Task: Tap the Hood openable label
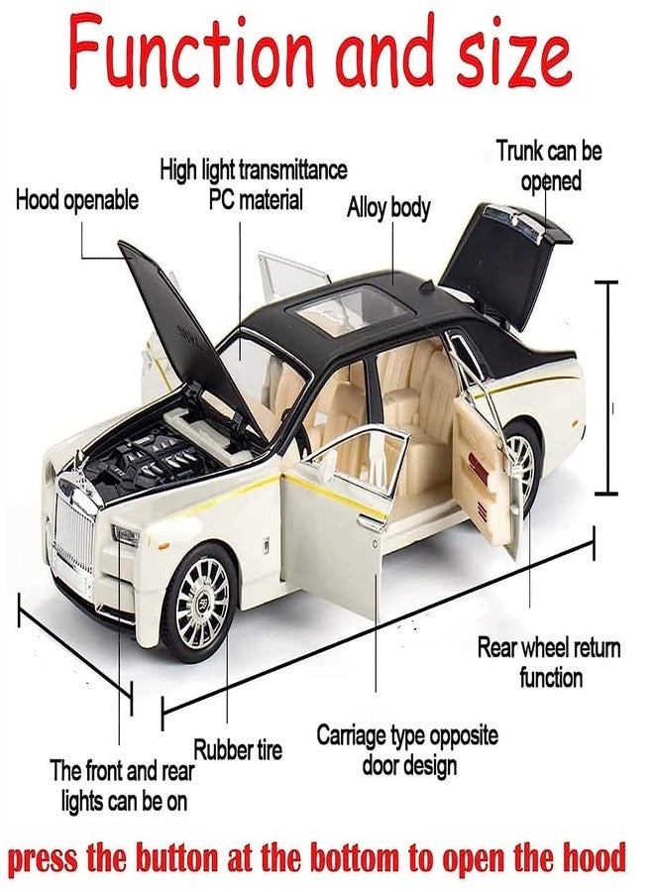(77, 201)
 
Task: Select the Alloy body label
(388, 207)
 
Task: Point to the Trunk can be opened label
(549, 167)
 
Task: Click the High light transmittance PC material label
(254, 185)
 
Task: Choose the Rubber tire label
(238, 749)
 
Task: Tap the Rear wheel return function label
(549, 663)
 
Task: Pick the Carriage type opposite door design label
(406, 750)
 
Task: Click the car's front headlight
(126, 536)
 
